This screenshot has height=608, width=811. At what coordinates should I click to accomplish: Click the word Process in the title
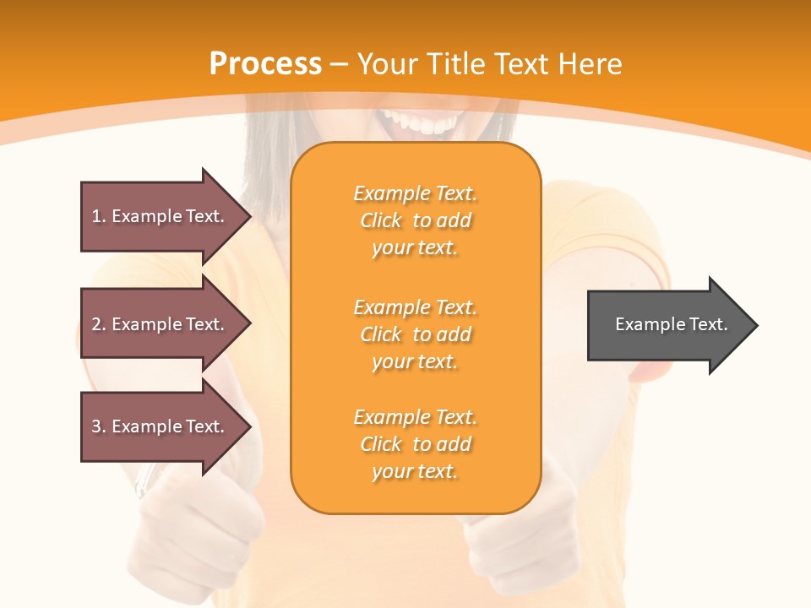[x=265, y=64]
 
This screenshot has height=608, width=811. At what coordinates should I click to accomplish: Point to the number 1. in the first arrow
[x=99, y=216]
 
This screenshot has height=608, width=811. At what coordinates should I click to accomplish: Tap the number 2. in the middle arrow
[x=99, y=324]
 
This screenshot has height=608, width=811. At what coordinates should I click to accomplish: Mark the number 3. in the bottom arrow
[x=99, y=426]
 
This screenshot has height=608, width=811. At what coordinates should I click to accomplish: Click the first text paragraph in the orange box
[x=415, y=220]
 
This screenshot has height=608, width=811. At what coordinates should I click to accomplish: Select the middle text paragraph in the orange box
[x=415, y=334]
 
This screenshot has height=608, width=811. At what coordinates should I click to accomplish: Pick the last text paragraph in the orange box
[x=415, y=444]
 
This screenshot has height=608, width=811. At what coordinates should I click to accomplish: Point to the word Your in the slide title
[x=389, y=64]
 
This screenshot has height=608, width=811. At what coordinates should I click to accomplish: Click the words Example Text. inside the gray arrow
[x=671, y=324]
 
